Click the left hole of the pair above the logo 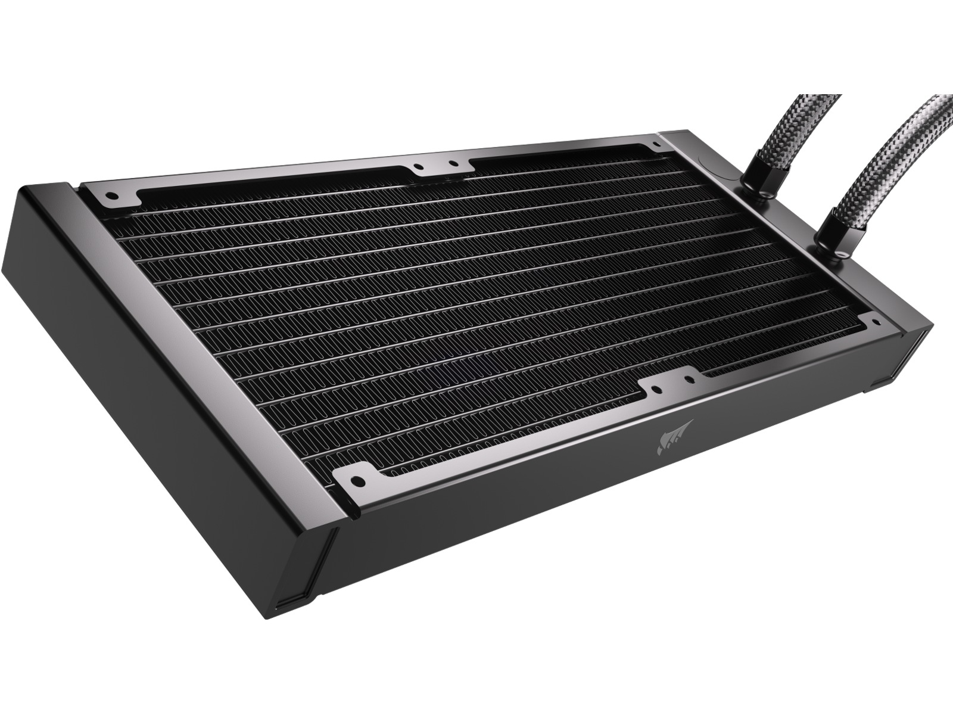pos(656,390)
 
